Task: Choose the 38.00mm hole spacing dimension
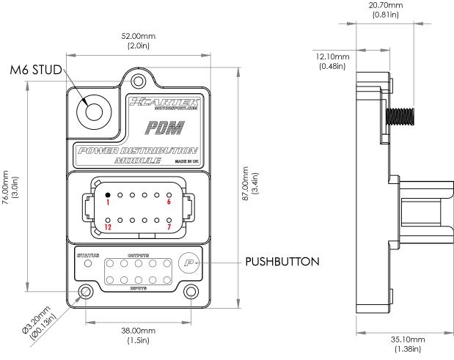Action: pos(138,335)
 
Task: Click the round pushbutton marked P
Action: pos(189,262)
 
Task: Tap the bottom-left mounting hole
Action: pos(87,292)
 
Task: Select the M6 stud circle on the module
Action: pos(95,111)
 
